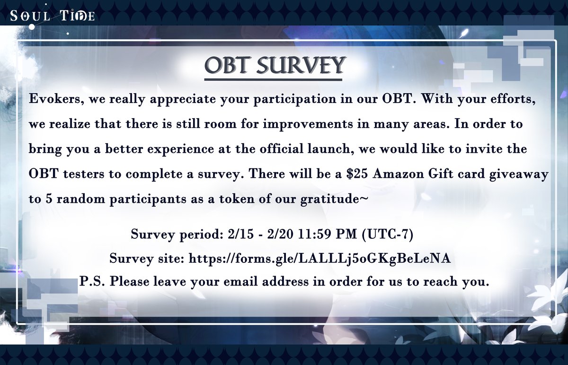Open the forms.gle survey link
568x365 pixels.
coord(319,258)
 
